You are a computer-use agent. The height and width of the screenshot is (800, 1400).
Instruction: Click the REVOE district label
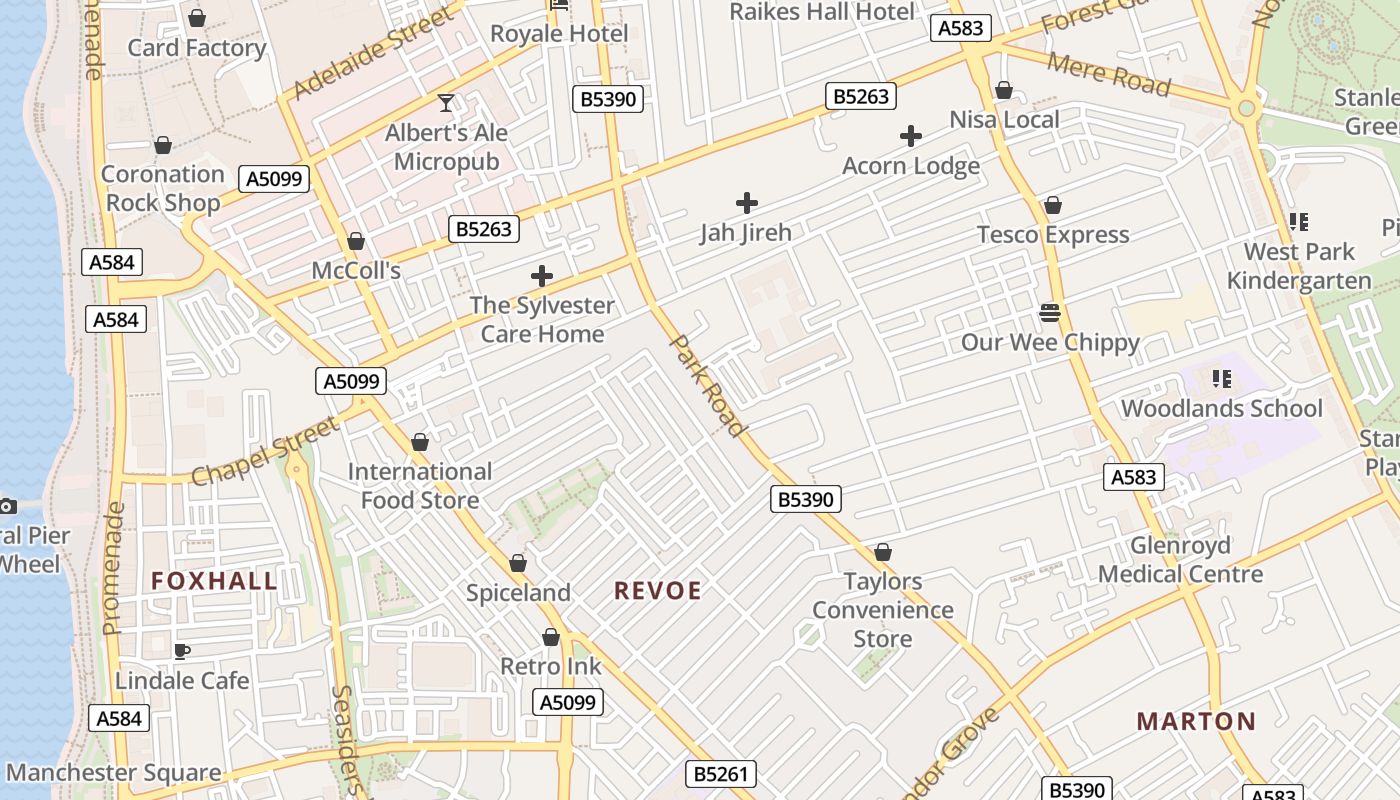click(657, 591)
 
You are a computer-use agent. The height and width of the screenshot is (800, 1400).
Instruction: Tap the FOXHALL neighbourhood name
click(214, 581)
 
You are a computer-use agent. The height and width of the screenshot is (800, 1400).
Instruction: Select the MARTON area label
click(1196, 721)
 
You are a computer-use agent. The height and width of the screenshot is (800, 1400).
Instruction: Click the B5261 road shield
click(721, 773)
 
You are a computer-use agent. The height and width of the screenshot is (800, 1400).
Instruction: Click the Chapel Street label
click(264, 451)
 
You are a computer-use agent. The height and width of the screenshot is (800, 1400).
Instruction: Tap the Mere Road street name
click(1108, 74)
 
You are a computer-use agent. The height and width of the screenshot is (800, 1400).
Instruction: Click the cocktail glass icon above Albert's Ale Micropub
click(446, 103)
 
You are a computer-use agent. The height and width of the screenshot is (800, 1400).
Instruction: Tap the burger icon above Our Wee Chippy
click(1050, 313)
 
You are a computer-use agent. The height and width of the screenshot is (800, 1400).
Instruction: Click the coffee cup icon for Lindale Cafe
click(181, 651)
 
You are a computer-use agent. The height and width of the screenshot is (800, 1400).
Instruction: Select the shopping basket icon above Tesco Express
click(1052, 206)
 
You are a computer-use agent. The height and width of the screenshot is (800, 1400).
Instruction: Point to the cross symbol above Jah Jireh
click(746, 203)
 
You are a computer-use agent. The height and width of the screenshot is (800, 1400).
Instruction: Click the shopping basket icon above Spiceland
click(518, 563)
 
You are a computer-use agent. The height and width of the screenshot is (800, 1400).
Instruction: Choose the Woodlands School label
click(1221, 408)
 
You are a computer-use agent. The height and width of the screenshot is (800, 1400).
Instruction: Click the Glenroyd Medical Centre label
click(1180, 560)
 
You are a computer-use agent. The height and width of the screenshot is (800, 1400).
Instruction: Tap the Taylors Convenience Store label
click(882, 609)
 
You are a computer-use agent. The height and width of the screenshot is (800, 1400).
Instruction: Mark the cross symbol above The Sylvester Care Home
click(542, 276)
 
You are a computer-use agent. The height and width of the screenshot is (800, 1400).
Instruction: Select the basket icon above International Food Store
click(420, 442)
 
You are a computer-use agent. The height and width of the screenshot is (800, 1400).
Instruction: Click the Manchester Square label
click(113, 773)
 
